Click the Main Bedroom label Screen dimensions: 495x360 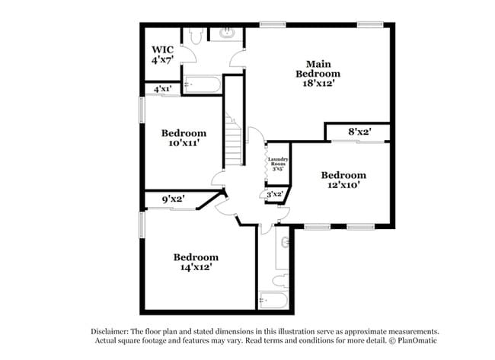[x=318, y=68]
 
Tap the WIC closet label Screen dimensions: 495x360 [x=162, y=49]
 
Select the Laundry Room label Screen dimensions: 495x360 [x=278, y=161]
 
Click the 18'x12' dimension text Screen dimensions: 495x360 [x=318, y=83]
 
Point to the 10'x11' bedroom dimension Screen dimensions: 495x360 [x=184, y=143]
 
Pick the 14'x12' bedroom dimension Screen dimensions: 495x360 [x=196, y=267]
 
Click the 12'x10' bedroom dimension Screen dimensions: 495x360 [x=343, y=185]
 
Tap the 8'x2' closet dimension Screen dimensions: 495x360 [x=359, y=132]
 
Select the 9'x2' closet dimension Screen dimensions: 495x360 [x=174, y=199]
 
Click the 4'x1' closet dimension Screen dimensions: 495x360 [x=162, y=89]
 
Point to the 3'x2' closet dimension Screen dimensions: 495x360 [x=274, y=194]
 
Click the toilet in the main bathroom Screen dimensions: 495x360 [x=196, y=36]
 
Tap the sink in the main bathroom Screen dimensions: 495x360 [x=226, y=33]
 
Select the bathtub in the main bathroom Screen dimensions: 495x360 [x=202, y=84]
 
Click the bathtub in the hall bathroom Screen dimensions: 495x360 [x=273, y=300]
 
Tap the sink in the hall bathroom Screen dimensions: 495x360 [x=285, y=243]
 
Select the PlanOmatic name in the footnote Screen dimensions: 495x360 [x=417, y=341]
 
